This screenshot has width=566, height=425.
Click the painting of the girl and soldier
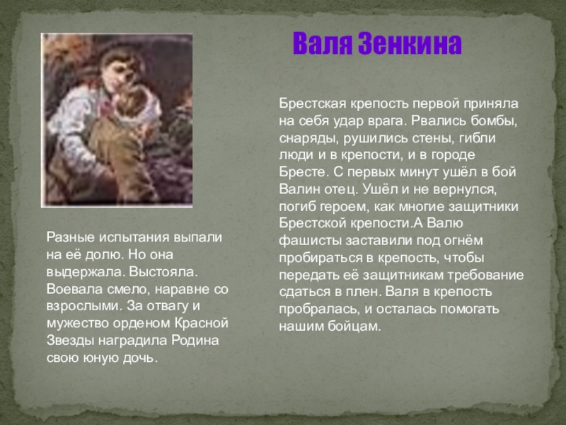[x=117, y=120]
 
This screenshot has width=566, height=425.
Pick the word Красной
[x=202, y=322]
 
